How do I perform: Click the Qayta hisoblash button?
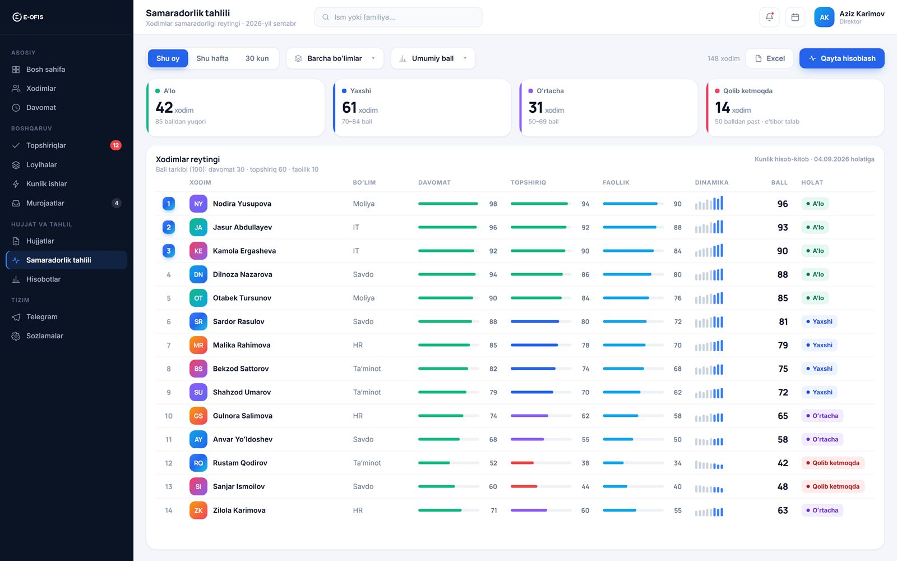[x=841, y=58]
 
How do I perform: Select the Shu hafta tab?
[x=212, y=58]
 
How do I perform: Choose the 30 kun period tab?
[x=257, y=58]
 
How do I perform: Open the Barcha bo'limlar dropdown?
[x=335, y=58]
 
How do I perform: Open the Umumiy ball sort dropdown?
[x=433, y=58]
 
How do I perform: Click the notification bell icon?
[x=769, y=17]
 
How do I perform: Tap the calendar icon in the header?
[x=795, y=17]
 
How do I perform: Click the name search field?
[x=398, y=17]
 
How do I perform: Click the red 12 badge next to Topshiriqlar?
[x=115, y=145]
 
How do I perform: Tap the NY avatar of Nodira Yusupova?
[x=198, y=204]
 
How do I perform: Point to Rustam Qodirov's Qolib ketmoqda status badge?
[x=833, y=463]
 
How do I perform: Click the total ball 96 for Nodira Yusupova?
[x=783, y=204]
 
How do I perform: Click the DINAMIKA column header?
[x=711, y=183]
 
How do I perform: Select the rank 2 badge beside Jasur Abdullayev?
[x=169, y=227]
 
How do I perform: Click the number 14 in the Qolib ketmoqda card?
[x=723, y=107]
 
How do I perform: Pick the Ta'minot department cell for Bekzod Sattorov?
[x=367, y=369]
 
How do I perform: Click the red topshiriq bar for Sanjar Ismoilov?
[x=524, y=486]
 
